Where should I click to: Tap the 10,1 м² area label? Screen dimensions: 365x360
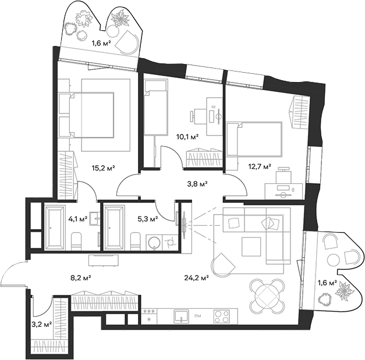tap(187, 137)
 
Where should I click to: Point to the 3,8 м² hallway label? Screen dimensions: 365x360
tap(197, 184)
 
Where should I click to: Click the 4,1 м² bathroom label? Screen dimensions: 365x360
tap(78, 219)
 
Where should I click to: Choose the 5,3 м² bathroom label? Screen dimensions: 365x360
tap(148, 219)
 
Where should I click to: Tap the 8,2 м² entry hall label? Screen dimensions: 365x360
tap(80, 277)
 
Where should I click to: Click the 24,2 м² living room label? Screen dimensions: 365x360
tap(196, 277)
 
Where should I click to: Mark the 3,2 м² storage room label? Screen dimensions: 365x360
tap(41, 324)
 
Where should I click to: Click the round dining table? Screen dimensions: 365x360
tap(267, 296)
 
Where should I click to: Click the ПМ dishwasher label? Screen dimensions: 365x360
tap(198, 316)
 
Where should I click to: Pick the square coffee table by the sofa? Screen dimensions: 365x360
tap(251, 247)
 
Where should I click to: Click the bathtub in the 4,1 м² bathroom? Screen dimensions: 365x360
tap(54, 228)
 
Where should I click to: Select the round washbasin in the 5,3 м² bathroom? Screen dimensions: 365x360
tap(154, 243)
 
